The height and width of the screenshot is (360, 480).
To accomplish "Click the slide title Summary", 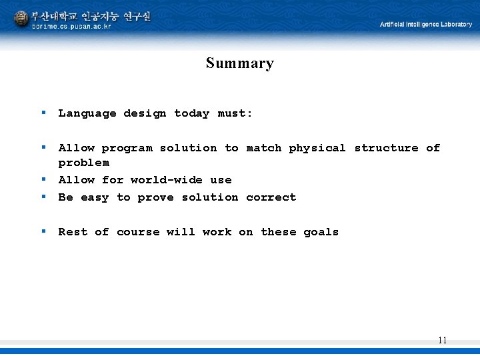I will [x=239, y=63].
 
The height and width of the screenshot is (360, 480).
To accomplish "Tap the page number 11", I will [x=442, y=340].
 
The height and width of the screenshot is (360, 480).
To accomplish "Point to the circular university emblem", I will [x=21, y=19].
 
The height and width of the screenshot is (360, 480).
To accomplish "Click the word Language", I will [x=87, y=113].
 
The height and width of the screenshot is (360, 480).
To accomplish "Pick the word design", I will [x=145, y=113].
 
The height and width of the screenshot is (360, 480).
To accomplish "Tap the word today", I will [x=191, y=113].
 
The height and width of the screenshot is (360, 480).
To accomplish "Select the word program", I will [x=127, y=148].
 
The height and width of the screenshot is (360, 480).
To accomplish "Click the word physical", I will [x=317, y=148].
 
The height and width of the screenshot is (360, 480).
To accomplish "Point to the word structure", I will [x=386, y=148].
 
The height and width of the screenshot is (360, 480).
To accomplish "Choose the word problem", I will [x=83, y=163].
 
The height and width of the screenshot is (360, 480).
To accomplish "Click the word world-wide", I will [x=166, y=180].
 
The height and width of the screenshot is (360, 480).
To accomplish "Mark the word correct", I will [x=271, y=197].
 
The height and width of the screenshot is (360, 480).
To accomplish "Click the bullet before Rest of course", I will [x=43, y=231].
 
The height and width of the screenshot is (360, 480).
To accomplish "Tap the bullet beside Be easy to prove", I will [x=43, y=196].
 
